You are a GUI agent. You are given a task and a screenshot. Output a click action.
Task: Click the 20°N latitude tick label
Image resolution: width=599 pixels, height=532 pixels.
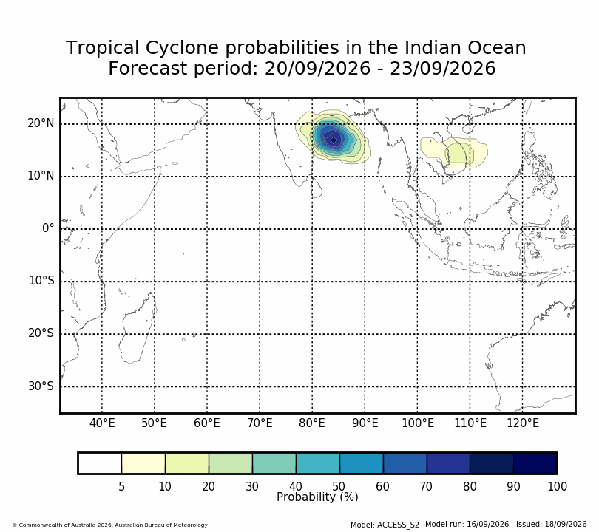pos(41,123)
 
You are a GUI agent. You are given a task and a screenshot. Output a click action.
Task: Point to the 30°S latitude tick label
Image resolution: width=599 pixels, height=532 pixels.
pos(41,386)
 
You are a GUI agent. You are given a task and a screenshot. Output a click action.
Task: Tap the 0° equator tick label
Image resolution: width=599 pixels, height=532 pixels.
pos(48,228)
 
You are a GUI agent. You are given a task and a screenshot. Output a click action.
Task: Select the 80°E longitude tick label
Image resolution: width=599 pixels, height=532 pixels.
pos(312,423)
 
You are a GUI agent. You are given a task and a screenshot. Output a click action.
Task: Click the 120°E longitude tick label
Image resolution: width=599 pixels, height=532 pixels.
pos(523,423)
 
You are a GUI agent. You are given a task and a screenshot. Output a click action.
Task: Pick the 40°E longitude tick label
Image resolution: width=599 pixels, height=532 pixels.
pos(102,423)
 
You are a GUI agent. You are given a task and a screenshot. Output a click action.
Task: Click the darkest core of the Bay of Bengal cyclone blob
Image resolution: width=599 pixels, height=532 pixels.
pos(334,140)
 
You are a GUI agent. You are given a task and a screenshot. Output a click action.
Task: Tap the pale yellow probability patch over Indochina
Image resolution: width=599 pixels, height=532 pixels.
pos(454,153)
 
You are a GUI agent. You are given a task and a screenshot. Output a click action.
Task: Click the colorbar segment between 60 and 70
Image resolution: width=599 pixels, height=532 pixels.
pos(405,463)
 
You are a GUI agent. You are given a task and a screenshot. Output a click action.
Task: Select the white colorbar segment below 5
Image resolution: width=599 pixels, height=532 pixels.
pos(100,463)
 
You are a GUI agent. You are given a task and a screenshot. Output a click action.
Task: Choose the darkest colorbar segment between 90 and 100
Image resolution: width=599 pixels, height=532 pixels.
pos(535,463)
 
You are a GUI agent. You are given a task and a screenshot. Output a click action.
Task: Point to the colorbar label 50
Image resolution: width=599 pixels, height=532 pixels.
pos(339,487)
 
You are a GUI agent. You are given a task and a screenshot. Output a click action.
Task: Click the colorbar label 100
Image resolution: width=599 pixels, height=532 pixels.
pos(557,487)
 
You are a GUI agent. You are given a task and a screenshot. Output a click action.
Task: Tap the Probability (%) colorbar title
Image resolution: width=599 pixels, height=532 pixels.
pos(317,497)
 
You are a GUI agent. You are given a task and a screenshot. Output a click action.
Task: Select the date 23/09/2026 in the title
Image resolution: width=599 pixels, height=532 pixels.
pos(442,69)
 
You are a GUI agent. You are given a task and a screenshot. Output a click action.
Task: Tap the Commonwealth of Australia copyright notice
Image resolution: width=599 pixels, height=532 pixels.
pos(110,525)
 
